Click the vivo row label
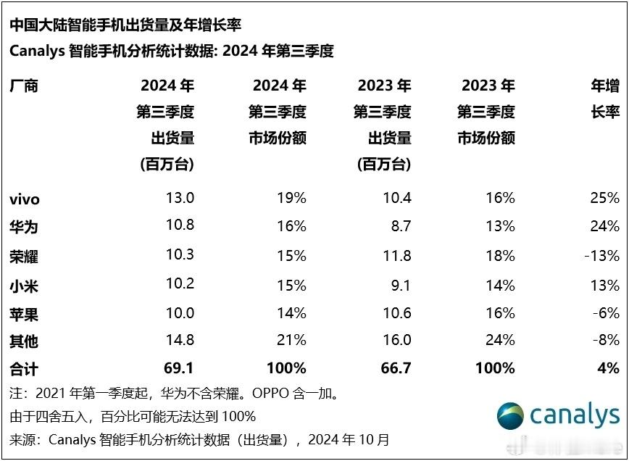(25, 199)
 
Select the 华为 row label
(24, 227)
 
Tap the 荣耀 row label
(24, 256)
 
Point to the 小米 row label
(24, 285)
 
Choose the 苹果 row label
(24, 313)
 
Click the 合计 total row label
(24, 369)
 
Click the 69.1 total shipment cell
(180, 368)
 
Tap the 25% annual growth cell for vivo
(604, 198)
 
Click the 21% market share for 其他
(291, 340)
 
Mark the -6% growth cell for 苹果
(606, 313)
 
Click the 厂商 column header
(24, 86)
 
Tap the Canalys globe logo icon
(510, 416)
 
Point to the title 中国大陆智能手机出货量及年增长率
(125, 25)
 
